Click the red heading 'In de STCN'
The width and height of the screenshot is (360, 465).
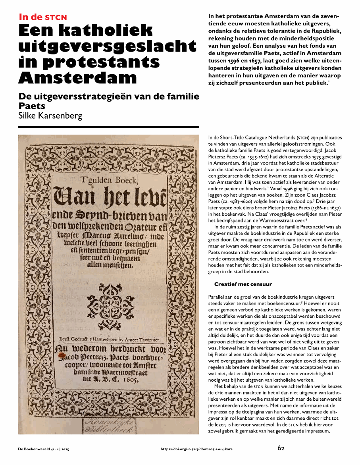pos(43,17)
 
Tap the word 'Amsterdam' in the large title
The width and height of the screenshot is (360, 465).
pos(78,77)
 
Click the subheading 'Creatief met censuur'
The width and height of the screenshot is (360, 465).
pos(243,284)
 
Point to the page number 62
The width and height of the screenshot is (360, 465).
pos(281,448)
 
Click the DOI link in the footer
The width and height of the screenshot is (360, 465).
pos(196,449)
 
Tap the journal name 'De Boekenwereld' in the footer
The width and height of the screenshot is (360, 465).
pos(34,449)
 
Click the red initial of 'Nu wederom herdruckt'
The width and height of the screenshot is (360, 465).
pos(61,350)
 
